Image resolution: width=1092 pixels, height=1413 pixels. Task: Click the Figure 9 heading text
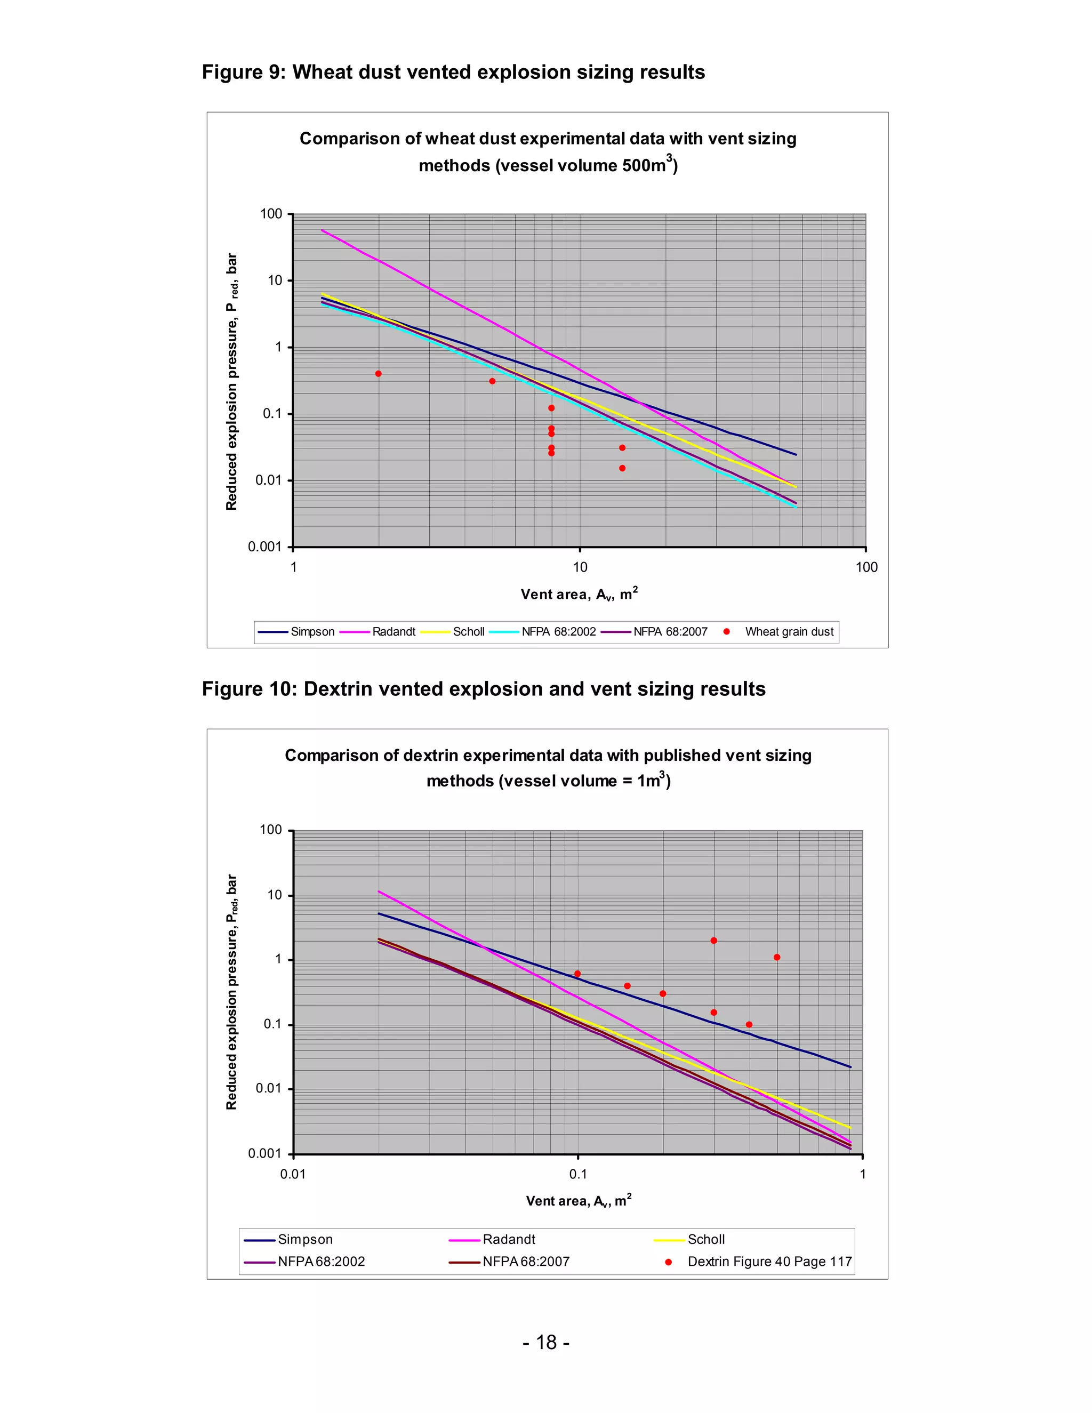(453, 72)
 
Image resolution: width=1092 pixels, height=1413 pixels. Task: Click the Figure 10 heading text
(483, 689)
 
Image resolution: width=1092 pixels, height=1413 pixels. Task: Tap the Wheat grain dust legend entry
(789, 631)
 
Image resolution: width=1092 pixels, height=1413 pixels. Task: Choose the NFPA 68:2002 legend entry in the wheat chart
(558, 631)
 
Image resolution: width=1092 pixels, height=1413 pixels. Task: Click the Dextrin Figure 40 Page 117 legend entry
(769, 1262)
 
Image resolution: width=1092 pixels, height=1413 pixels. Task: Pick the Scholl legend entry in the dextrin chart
(706, 1240)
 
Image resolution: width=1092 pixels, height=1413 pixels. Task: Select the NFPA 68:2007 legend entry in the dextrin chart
(525, 1262)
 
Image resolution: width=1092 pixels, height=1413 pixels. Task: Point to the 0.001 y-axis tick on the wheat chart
(265, 547)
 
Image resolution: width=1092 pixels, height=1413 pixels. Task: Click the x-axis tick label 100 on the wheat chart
(866, 567)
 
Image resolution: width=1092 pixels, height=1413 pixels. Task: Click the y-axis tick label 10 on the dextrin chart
(275, 895)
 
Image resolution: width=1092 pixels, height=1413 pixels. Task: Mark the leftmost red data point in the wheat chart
(379, 374)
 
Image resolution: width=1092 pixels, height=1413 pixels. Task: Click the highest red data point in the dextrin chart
(713, 941)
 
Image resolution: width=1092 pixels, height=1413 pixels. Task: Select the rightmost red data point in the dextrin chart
(777, 958)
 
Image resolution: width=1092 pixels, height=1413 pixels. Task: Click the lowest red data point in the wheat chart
(622, 468)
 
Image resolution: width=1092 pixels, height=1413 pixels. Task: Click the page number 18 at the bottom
(546, 1343)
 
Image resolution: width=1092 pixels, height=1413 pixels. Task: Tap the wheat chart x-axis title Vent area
(579, 594)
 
